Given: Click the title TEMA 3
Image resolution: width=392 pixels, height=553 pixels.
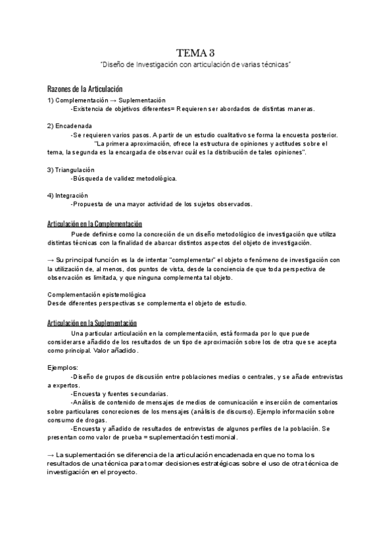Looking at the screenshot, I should coord(195,53).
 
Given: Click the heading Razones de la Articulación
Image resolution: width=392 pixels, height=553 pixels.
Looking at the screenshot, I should coord(85,89).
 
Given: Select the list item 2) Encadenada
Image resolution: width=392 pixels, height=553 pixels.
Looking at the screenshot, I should coord(69,125).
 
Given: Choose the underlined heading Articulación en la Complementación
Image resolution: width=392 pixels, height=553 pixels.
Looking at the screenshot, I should coord(95,224).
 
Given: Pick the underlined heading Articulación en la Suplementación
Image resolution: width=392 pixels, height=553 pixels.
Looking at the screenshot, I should coord(92,323).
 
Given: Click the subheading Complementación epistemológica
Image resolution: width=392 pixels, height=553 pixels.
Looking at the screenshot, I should coord(97,295).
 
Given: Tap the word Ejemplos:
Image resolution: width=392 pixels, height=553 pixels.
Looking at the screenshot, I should coord(63,368).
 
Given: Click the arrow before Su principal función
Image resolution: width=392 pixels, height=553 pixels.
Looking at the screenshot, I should coord(51,260).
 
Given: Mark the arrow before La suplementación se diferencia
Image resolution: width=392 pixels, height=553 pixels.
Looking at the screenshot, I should coord(51,455).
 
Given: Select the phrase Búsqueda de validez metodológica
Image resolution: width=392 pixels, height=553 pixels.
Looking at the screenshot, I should coord(125,178).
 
